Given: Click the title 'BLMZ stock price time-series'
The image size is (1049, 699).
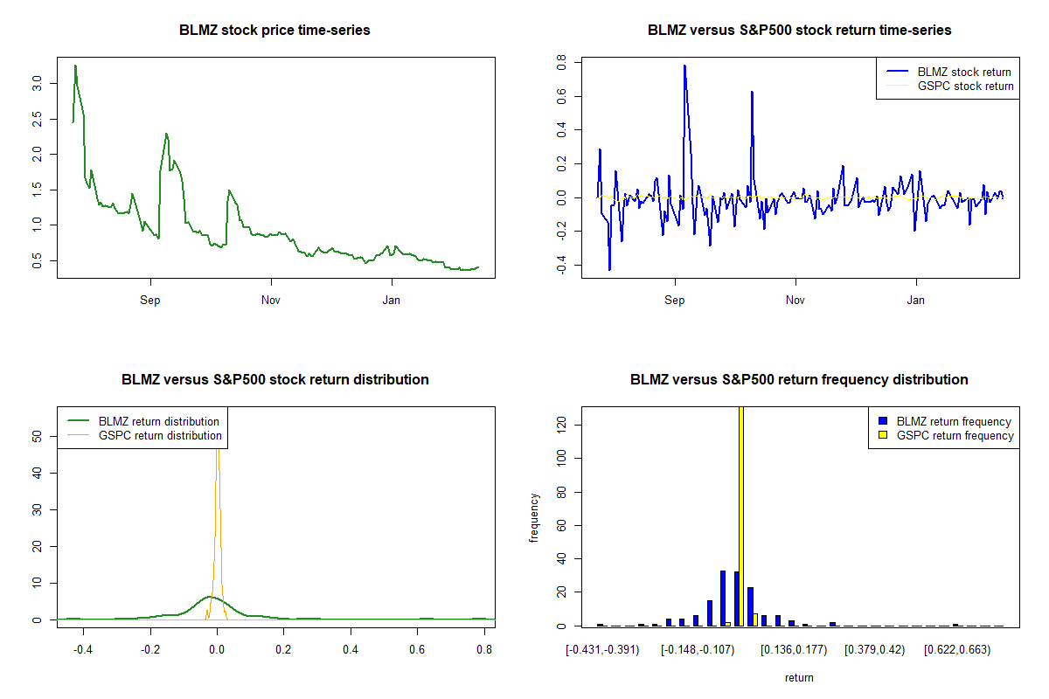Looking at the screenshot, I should (x=274, y=31).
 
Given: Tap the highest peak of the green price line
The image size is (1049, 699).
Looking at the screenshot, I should (x=75, y=66).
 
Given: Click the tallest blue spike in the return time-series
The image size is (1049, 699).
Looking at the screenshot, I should (x=684, y=66).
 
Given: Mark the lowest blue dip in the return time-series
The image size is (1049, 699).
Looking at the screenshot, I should (x=609, y=269).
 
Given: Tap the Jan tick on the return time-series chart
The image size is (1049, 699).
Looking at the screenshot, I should (x=916, y=301).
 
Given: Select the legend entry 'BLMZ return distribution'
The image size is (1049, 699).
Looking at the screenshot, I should (x=158, y=421).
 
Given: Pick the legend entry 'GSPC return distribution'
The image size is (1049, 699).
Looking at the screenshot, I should (x=160, y=435).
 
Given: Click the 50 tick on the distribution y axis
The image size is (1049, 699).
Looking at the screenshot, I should (x=37, y=436).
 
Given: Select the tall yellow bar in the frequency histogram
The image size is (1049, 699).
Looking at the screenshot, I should (x=741, y=516).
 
